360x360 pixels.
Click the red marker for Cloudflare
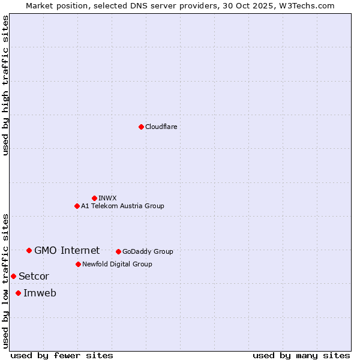click(141, 127)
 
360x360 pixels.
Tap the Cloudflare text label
click(161, 127)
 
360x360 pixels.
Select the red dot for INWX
click(94, 198)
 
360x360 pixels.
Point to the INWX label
click(107, 198)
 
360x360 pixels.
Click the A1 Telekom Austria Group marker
click(77, 206)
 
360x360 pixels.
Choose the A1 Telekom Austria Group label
click(122, 206)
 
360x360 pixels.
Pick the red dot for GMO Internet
click(29, 250)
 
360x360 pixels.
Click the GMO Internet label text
click(67, 250)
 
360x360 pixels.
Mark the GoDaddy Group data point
click(118, 251)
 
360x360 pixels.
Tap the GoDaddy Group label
click(148, 251)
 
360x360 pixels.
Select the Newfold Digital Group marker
click(78, 264)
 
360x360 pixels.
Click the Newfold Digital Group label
click(117, 264)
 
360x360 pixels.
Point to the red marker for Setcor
click(13, 276)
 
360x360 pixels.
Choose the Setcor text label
click(34, 276)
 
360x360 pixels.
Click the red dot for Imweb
click(18, 293)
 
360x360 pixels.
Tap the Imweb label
click(40, 293)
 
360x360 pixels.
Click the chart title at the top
click(180, 5)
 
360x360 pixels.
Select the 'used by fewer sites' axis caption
click(62, 355)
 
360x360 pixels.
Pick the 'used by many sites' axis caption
click(301, 355)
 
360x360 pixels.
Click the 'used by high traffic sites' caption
click(5, 85)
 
